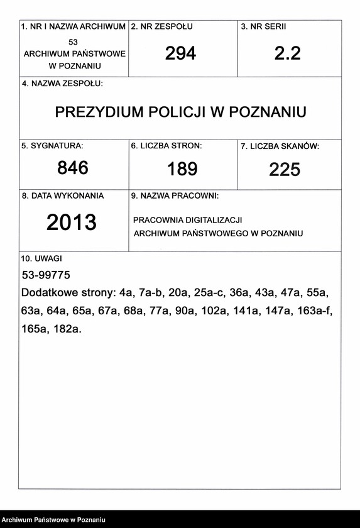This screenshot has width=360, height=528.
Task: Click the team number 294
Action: (x=180, y=54)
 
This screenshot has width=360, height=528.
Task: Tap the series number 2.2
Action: (x=288, y=54)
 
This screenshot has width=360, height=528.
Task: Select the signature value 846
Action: (x=73, y=168)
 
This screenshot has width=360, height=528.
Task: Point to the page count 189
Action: (x=182, y=169)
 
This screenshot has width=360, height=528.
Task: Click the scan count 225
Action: (x=285, y=170)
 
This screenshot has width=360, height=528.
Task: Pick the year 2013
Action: (x=72, y=223)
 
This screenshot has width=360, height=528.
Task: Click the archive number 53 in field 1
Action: (x=74, y=41)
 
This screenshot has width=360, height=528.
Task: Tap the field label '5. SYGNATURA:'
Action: (x=52, y=146)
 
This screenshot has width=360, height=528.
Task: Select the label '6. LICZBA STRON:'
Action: (x=166, y=146)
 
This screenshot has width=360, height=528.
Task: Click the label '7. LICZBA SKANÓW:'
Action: (x=280, y=146)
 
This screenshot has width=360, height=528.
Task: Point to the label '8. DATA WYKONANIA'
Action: (x=63, y=196)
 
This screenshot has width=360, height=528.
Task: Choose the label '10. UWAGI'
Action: (x=41, y=258)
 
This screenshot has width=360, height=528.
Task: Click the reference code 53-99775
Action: (x=46, y=275)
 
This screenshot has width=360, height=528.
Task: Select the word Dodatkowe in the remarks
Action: (x=50, y=294)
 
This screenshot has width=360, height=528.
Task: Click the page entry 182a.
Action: (x=68, y=329)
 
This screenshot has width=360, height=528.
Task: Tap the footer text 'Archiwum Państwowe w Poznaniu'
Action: (x=53, y=520)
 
